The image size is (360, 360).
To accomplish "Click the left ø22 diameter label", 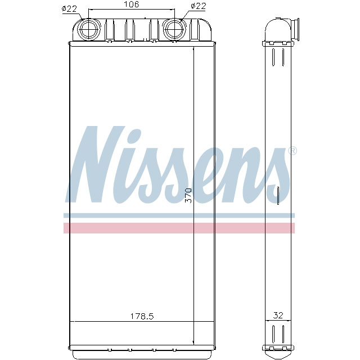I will [69, 8].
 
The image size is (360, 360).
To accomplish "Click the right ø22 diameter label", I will [199, 6].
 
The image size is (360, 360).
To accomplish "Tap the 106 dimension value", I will [131, 5].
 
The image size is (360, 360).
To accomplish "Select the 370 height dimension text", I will [188, 195].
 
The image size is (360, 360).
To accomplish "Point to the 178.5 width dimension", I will [143, 316].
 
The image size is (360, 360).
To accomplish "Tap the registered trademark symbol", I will [292, 151].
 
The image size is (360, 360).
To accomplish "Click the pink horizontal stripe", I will [179, 228].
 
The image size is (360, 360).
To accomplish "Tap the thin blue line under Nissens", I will [179, 215].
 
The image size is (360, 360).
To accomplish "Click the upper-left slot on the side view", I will [274, 57].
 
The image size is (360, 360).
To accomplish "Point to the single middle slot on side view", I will [278, 193].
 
